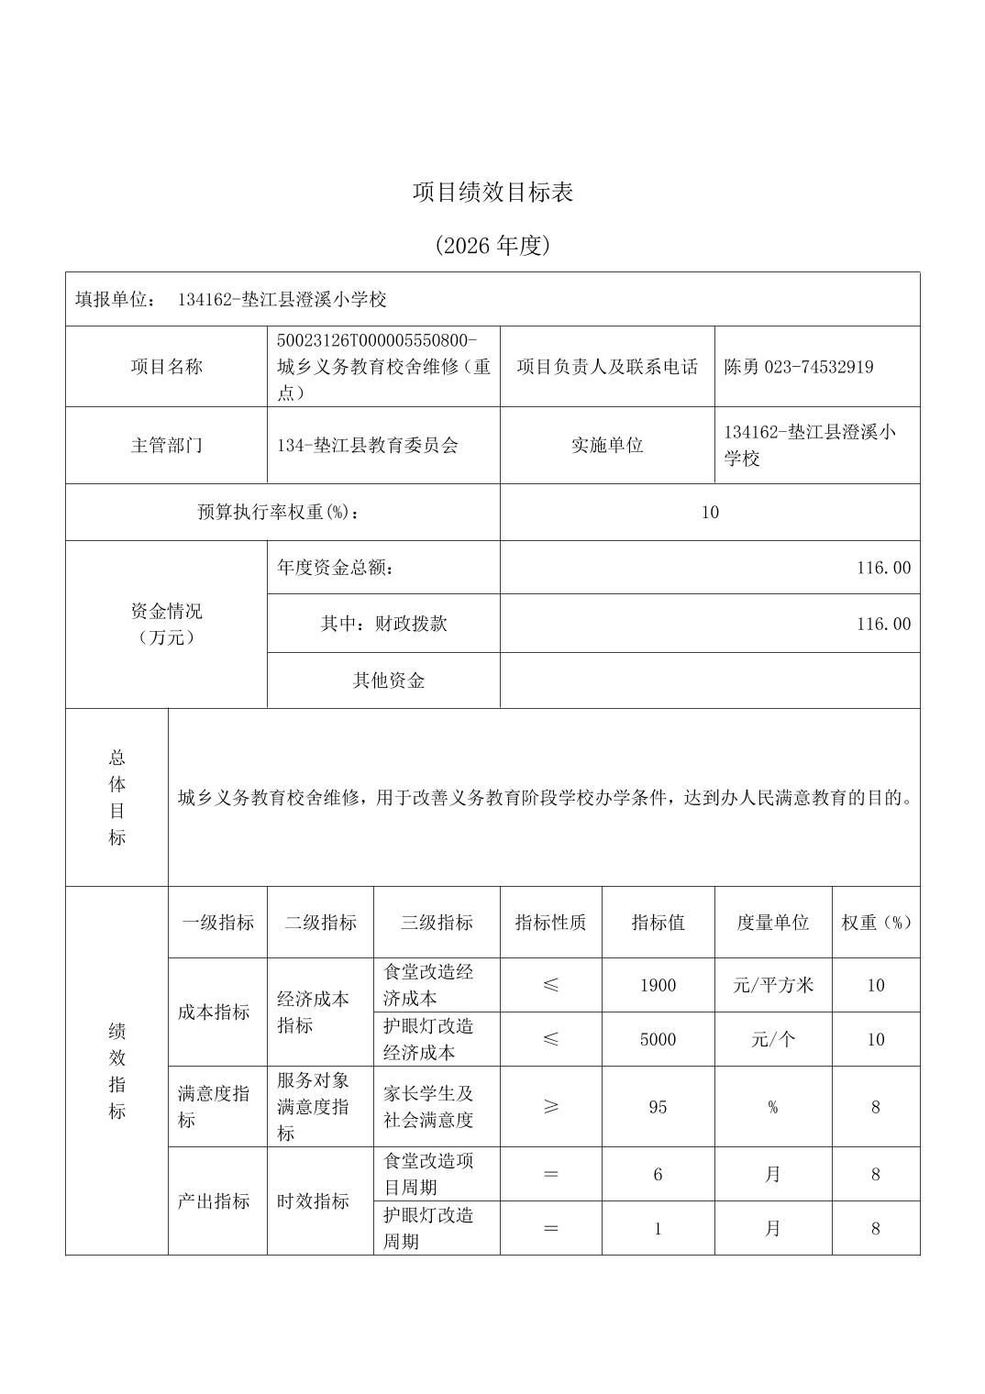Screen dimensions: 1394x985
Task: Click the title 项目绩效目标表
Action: coord(492,193)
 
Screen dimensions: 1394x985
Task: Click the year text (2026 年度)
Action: coord(492,246)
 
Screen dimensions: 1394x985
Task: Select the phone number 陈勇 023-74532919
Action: coord(798,367)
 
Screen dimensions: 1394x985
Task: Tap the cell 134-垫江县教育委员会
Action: coord(367,446)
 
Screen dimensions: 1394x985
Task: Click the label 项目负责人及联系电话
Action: coord(607,367)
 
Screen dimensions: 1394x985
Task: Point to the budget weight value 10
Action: coord(710,513)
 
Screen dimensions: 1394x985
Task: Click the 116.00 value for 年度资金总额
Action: coord(883,568)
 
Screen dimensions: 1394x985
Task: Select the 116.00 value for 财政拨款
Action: coord(883,625)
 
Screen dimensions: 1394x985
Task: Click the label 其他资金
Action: coord(389,680)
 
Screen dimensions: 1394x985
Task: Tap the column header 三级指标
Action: coord(437,923)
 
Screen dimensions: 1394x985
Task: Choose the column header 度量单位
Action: coord(773,923)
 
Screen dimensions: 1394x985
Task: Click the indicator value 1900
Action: coord(658,986)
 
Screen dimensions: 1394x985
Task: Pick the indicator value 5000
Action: coord(658,1040)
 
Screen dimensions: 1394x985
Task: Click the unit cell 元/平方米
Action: coord(773,986)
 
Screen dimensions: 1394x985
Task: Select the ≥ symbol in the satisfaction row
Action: coord(550,1107)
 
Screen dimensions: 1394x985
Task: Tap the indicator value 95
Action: coord(658,1107)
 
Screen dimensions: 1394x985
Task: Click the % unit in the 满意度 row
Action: coord(773,1107)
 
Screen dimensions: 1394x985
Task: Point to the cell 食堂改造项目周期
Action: coord(428,1174)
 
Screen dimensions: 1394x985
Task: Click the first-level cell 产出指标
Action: coord(214,1201)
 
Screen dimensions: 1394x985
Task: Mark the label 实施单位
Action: coord(607,446)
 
